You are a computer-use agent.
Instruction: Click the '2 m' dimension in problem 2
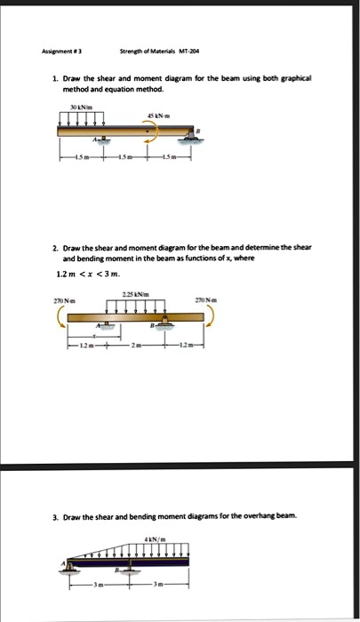[x=136, y=345]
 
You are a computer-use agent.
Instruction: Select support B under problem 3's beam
[x=129, y=571]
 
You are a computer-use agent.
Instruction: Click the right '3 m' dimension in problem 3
[x=159, y=586]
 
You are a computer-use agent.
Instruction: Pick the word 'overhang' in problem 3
[x=244, y=515]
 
